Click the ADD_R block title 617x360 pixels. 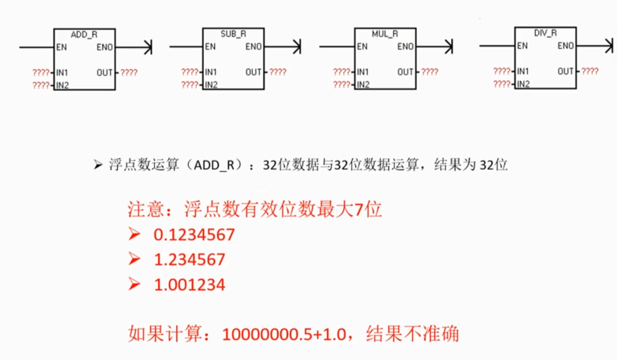click(84, 34)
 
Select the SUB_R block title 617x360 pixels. click(233, 34)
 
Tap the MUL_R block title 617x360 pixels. click(385, 34)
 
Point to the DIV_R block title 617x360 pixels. click(545, 33)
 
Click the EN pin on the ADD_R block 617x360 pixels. click(61, 47)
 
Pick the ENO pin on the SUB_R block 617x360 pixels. click(253, 47)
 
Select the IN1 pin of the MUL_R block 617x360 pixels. click(363, 72)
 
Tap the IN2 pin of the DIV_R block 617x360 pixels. click(523, 84)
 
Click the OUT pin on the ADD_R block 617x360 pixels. click(104, 72)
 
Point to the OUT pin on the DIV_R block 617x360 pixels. click(565, 72)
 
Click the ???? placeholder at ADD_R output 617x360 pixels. click(129, 72)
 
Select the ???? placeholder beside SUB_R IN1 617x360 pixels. click(190, 72)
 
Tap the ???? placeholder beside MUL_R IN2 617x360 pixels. click(341, 84)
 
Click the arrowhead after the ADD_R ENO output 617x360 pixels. click(148, 47)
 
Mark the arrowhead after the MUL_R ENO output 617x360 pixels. click(449, 47)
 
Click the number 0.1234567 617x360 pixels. click(194, 235)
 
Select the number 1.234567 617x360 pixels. click(189, 260)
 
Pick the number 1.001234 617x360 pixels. click(189, 284)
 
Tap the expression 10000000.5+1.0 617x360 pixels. click(284, 334)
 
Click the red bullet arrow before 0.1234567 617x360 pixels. click(134, 234)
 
